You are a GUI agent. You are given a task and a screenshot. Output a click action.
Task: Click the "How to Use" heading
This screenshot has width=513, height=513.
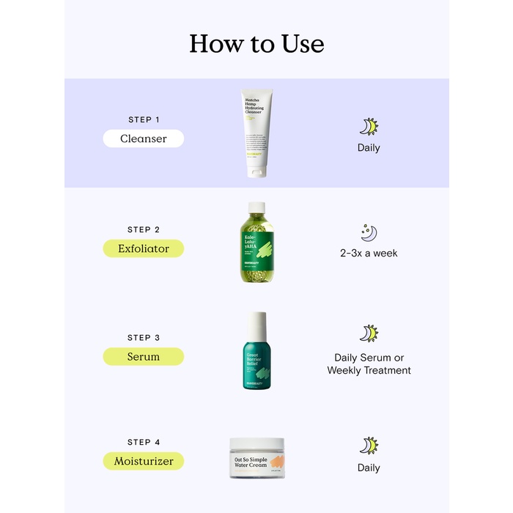(x=256, y=43)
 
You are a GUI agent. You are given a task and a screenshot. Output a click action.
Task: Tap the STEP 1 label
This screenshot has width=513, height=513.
(x=144, y=119)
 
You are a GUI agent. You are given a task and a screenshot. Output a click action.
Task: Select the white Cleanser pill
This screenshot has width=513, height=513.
(x=144, y=139)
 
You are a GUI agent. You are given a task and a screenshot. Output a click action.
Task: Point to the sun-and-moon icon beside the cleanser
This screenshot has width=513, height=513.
(x=369, y=127)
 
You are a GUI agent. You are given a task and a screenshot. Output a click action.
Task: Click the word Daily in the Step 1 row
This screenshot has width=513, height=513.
(x=369, y=148)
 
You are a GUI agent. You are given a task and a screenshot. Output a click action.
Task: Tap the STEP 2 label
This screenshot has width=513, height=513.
(x=144, y=229)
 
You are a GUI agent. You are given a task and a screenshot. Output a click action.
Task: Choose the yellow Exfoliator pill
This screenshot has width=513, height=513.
(x=144, y=248)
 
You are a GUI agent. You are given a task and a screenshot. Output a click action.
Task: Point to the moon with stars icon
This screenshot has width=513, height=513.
(x=369, y=233)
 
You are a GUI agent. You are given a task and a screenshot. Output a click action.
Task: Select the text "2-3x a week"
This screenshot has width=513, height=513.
(x=369, y=254)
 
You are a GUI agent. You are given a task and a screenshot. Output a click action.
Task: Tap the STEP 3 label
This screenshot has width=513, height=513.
(x=144, y=338)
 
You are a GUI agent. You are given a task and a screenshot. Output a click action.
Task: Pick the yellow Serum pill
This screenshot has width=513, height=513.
(x=144, y=357)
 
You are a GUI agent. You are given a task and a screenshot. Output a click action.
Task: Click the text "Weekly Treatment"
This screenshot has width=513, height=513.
(x=369, y=371)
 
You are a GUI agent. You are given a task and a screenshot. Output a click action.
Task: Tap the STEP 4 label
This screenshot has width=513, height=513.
(x=144, y=442)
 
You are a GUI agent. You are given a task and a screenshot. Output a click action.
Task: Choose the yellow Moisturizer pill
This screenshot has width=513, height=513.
(x=144, y=461)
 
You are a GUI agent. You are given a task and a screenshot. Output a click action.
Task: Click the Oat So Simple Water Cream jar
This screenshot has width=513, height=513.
(x=256, y=459)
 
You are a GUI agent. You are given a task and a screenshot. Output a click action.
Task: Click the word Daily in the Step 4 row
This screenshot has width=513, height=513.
(x=369, y=468)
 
